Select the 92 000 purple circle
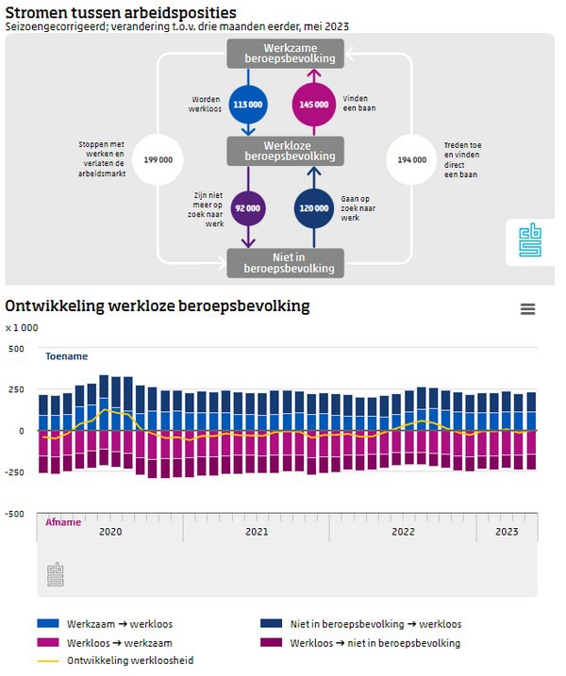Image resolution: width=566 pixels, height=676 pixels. [248, 208]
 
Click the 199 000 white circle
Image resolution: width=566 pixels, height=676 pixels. [158, 160]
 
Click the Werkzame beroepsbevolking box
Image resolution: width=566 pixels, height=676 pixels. [285, 53]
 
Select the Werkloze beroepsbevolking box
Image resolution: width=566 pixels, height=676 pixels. [285, 150]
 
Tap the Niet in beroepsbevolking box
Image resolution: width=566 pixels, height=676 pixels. [285, 262]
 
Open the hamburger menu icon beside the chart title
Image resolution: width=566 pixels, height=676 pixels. [527, 309]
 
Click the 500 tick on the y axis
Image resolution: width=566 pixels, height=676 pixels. [16, 348]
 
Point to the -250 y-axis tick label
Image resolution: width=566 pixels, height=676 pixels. [13, 472]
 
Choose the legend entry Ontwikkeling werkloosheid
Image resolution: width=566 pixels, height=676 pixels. [130, 661]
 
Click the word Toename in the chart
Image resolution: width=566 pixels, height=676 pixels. [67, 356]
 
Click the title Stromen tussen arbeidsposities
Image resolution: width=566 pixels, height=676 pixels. [121, 12]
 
